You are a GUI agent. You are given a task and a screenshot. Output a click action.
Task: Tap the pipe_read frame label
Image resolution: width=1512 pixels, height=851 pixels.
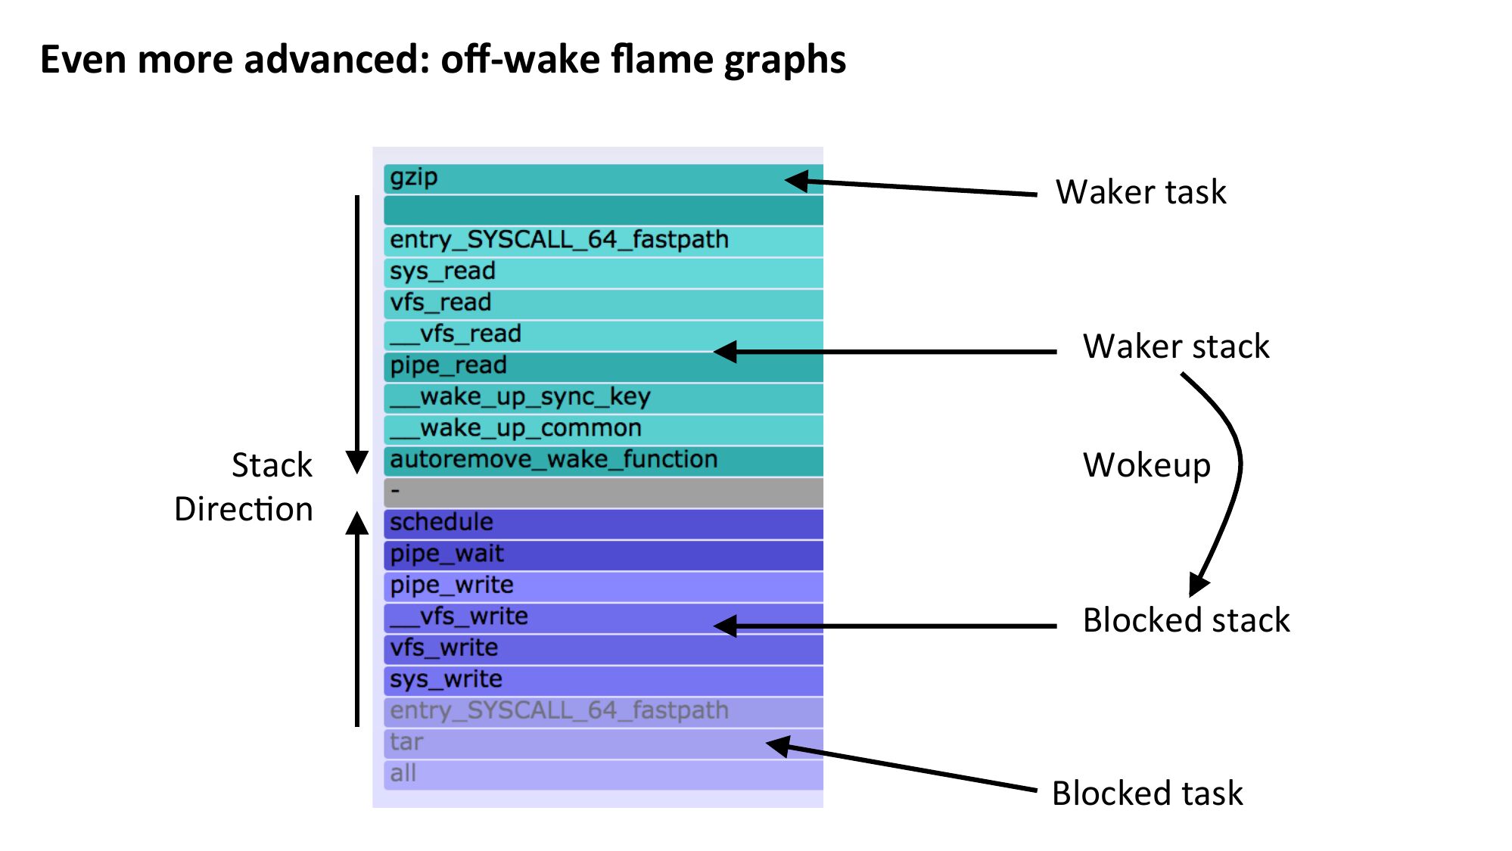[x=448, y=366]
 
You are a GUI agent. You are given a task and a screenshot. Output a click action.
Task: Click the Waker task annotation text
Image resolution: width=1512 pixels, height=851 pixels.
[x=1140, y=192]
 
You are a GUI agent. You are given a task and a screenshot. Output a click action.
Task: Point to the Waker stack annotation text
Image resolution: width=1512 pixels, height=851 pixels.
[x=1176, y=346]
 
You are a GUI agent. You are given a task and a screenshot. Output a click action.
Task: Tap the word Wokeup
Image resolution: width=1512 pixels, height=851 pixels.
[x=1146, y=465]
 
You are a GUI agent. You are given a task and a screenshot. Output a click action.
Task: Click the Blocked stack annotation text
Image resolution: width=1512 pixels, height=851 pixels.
[x=1186, y=620]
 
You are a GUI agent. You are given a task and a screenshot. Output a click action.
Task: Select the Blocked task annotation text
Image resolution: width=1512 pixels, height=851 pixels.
[x=1146, y=794]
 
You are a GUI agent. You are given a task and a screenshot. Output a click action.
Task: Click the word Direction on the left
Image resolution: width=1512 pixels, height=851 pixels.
[x=244, y=509]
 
